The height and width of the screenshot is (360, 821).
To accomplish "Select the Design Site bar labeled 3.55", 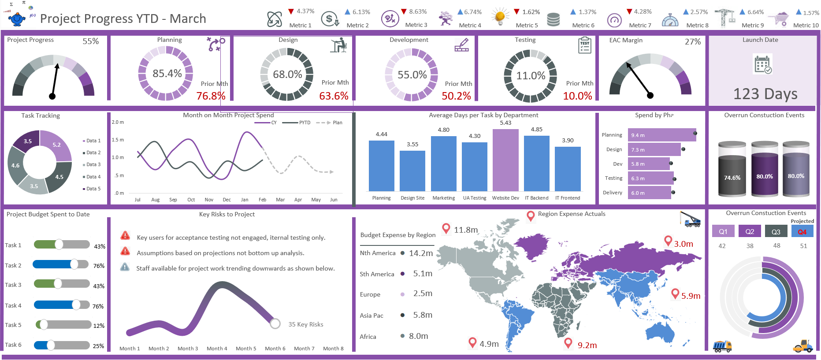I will point(412,171).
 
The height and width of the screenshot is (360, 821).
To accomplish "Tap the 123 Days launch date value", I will point(765,94).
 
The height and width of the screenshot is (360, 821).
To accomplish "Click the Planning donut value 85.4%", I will point(167,74).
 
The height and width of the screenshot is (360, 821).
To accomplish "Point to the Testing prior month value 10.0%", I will point(577,96).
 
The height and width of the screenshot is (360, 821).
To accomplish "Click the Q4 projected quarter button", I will point(802,232).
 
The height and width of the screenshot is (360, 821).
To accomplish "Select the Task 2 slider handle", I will point(74,264).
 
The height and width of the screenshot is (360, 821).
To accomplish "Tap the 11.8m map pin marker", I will point(446,228).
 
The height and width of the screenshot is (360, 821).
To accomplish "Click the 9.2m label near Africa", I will point(587,345).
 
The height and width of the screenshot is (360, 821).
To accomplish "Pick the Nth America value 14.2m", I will point(421,253).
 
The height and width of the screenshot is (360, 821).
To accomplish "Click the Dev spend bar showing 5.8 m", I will point(649,164).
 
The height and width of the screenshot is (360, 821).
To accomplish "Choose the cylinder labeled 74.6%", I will point(732,172).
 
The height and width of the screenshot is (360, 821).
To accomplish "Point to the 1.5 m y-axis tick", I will point(118,140).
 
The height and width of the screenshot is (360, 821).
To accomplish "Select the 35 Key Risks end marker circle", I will point(275,324).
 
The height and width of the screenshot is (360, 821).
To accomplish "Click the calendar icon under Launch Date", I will point(762,64).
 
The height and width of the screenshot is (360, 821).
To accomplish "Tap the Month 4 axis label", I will point(217,349).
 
